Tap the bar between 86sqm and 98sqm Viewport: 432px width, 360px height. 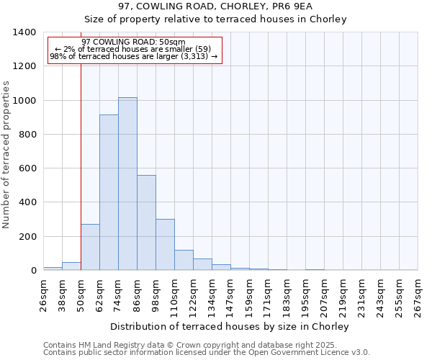point(146,222)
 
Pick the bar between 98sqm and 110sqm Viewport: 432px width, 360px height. point(165,245)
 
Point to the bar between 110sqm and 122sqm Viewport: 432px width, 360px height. point(184,260)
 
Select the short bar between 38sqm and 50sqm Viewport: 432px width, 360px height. point(71,266)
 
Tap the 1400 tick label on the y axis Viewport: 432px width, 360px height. point(24,32)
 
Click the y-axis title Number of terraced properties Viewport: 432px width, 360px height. point(7,154)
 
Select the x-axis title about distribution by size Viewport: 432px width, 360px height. point(230,326)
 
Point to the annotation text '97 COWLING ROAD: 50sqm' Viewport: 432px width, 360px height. point(134,42)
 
